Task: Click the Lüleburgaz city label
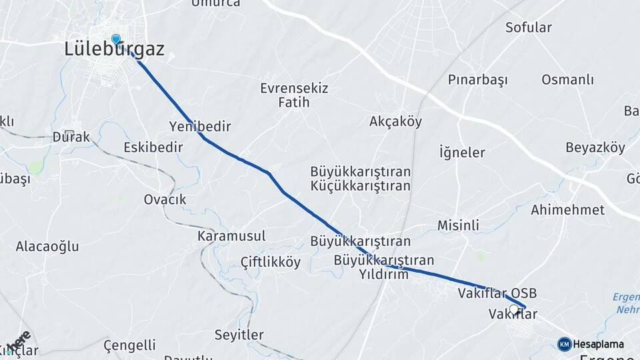pyautogui.click(x=114, y=49)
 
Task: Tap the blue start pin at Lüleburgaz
pyautogui.click(x=116, y=39)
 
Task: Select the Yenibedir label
pyautogui.click(x=200, y=127)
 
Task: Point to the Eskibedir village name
pyautogui.click(x=153, y=147)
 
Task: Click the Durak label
pyautogui.click(x=71, y=137)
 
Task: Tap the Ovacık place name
pyautogui.click(x=165, y=199)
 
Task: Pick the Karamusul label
pyautogui.click(x=231, y=236)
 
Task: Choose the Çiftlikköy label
pyautogui.click(x=271, y=262)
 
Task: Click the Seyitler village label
pyautogui.click(x=239, y=335)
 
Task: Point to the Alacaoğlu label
pyautogui.click(x=47, y=247)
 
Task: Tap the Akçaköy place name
pyautogui.click(x=395, y=121)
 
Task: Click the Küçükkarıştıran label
pyautogui.click(x=360, y=186)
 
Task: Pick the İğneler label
pyautogui.click(x=462, y=153)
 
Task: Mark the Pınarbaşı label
pyautogui.click(x=477, y=80)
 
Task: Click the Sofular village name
pyautogui.click(x=529, y=27)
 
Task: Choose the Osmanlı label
pyautogui.click(x=567, y=80)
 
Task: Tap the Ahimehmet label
pyautogui.click(x=567, y=210)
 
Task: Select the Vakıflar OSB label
pyautogui.click(x=497, y=293)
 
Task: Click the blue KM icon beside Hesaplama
pyautogui.click(x=565, y=344)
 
